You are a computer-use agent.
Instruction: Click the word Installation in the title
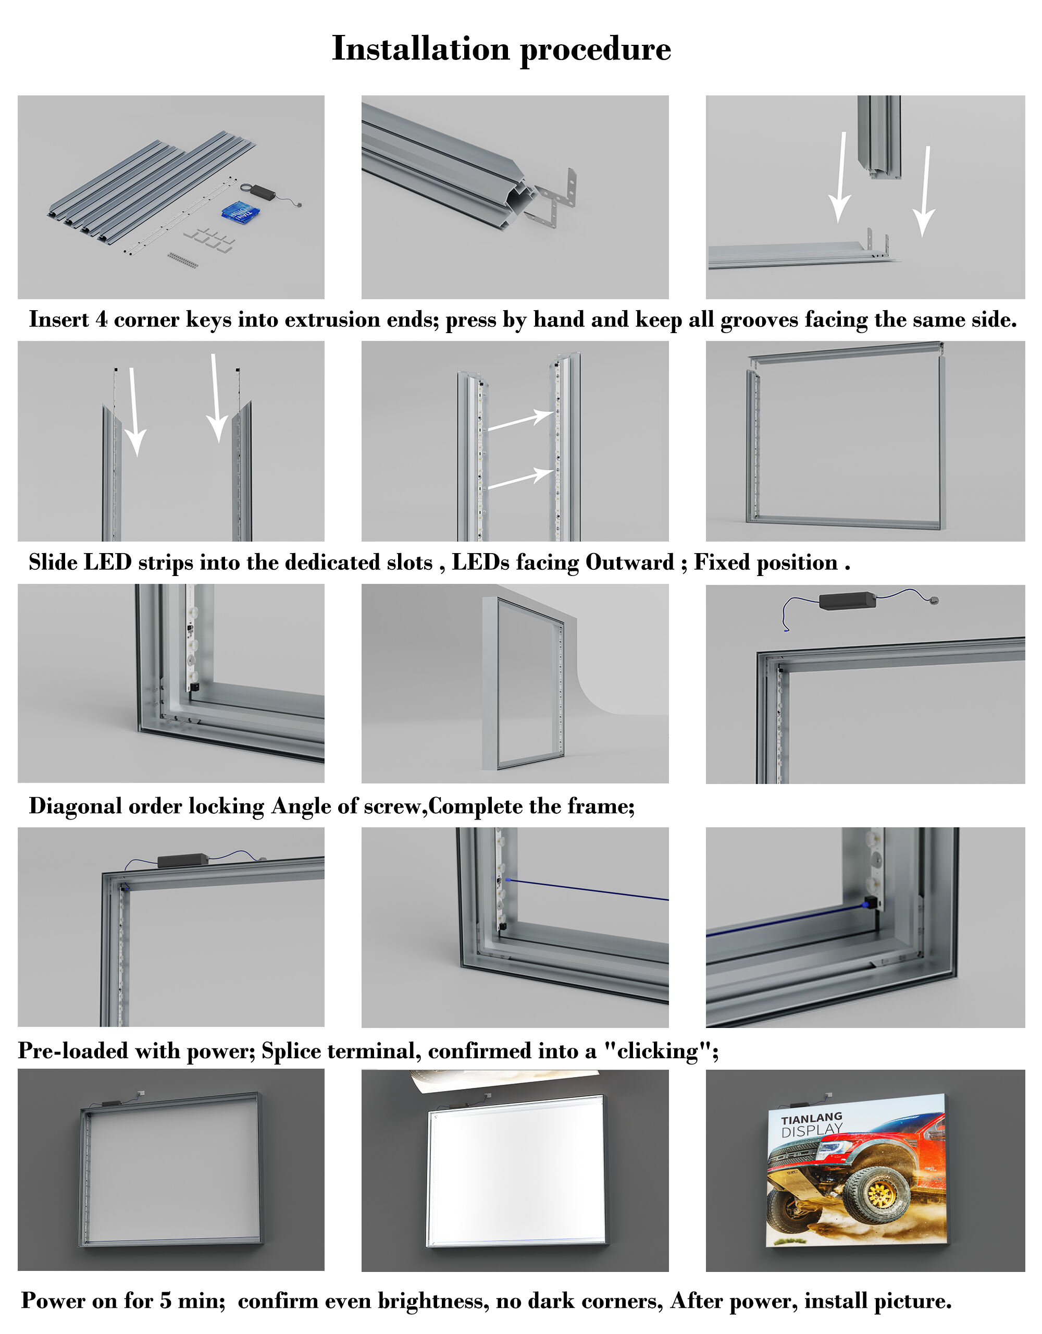click(420, 48)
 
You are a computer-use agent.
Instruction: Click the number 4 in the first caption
click(101, 320)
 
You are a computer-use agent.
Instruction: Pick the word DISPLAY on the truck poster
click(812, 1131)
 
